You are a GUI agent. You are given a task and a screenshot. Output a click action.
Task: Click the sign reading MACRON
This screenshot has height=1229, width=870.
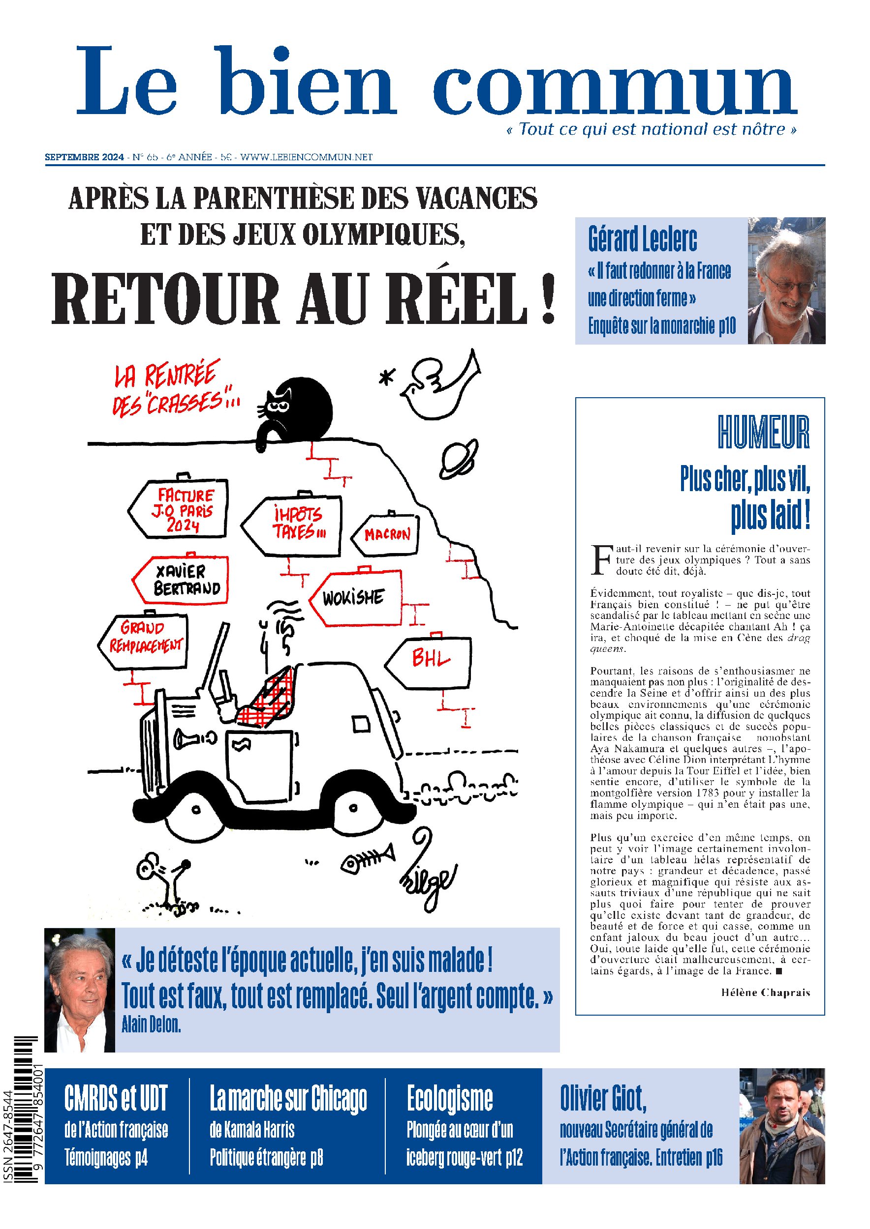point(387,534)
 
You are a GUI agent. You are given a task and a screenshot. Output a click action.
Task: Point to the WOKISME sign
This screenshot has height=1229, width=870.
point(356,597)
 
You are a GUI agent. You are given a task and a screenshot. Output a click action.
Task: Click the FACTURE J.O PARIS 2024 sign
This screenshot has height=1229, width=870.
point(180,508)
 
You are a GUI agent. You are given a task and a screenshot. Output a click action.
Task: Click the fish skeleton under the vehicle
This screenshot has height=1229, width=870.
point(368,860)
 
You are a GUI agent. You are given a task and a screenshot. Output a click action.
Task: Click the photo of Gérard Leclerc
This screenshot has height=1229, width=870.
point(786,281)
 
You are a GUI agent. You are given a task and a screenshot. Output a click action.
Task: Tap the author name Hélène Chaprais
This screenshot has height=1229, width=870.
point(765,993)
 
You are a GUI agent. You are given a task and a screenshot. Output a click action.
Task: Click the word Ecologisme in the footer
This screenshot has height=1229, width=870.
point(449,1098)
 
